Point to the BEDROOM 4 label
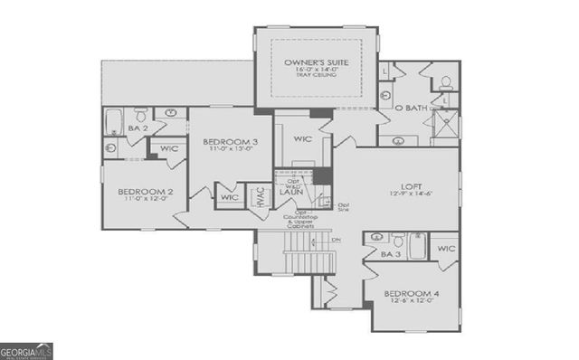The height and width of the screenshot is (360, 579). [x=412, y=295]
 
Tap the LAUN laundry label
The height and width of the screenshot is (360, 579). [x=289, y=192]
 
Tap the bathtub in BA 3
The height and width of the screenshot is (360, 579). [x=418, y=245]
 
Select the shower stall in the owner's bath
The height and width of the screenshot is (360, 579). [x=444, y=127]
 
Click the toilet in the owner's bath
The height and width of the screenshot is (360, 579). [x=445, y=82]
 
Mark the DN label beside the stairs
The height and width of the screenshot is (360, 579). [x=337, y=241]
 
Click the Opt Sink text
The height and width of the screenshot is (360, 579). [x=343, y=206]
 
